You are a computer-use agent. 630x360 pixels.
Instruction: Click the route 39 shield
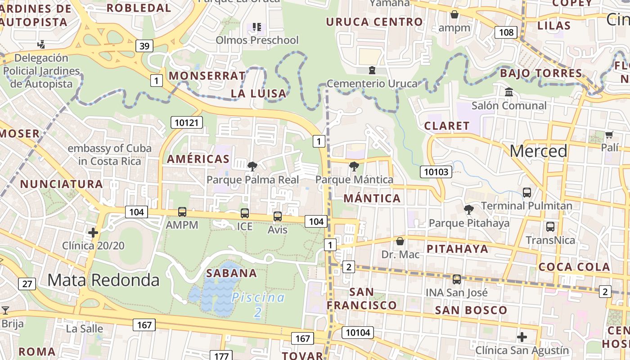tap(144, 46)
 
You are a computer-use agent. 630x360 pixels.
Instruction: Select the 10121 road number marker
tap(186, 122)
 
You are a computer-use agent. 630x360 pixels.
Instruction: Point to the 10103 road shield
tap(436, 171)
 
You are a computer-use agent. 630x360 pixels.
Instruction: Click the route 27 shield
tap(27, 283)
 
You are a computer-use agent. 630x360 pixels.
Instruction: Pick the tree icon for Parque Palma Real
tap(252, 166)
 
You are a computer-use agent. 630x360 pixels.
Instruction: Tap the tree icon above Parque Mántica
tap(354, 166)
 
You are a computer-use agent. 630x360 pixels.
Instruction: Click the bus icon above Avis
tap(277, 216)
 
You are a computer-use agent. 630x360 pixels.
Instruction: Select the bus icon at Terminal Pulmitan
tap(527, 193)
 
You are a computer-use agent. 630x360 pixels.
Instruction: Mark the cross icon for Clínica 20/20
tap(93, 233)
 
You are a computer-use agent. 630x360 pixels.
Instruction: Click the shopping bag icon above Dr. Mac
tap(400, 242)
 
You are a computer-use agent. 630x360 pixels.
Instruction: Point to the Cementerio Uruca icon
tap(372, 70)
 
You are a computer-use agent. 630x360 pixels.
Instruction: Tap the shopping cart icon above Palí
tap(609, 135)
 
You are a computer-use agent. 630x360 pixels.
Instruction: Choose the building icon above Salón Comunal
tap(509, 92)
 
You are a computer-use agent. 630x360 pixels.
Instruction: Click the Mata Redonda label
tap(103, 280)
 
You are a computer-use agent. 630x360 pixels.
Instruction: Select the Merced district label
tap(538, 151)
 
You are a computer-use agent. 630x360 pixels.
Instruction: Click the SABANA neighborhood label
tap(231, 273)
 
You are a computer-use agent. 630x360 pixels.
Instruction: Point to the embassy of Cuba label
tap(109, 154)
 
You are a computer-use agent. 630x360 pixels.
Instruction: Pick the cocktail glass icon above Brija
tap(5, 310)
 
